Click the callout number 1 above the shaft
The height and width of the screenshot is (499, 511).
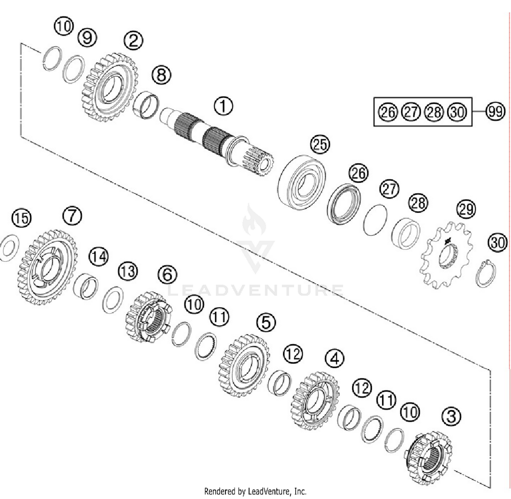[223, 106]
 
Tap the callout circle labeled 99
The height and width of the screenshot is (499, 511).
[495, 111]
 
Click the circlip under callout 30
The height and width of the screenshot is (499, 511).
[486, 273]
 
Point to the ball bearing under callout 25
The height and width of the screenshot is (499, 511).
[302, 182]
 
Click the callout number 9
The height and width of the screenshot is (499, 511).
[87, 37]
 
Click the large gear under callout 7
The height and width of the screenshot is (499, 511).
[47, 267]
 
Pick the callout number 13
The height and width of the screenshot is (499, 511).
[128, 271]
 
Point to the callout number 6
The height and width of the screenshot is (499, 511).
[168, 274]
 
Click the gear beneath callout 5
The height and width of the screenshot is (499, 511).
[244, 366]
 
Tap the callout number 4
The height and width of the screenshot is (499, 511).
[335, 358]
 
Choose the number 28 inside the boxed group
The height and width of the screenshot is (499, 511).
[434, 112]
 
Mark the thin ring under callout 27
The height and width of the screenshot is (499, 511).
[375, 220]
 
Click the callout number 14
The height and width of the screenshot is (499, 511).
[99, 256]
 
